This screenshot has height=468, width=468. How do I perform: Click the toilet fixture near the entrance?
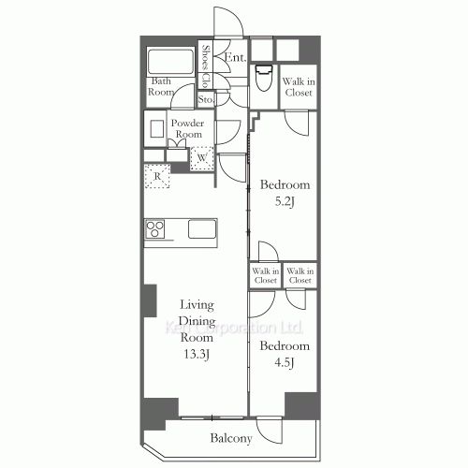(263, 76)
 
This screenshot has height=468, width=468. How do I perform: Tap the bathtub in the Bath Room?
(170, 62)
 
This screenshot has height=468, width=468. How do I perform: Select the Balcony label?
(229, 437)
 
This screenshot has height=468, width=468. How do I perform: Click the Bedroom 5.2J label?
(284, 192)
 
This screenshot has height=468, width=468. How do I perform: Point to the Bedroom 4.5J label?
(284, 353)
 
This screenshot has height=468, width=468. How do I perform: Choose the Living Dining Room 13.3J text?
(197, 329)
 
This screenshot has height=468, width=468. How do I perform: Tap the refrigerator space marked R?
(156, 175)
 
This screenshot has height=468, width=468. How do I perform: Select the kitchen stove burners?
(156, 229)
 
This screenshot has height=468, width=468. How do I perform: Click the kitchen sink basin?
(202, 229)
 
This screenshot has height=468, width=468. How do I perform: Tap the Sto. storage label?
(206, 97)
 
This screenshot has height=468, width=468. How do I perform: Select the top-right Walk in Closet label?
(300, 86)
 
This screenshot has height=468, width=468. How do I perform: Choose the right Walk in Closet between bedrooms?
(300, 275)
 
